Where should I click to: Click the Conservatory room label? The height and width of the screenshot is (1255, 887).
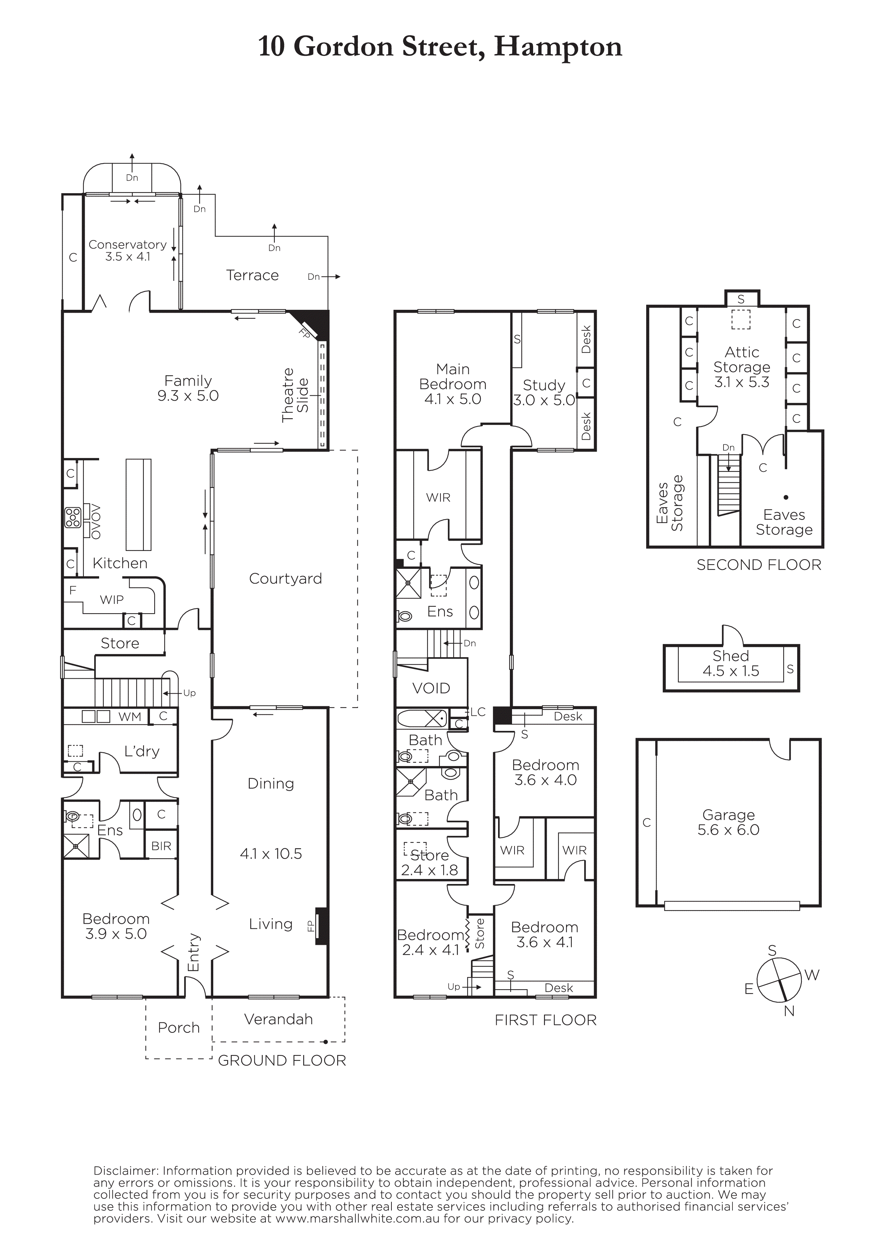127,244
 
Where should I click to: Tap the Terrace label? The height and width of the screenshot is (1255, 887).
253,275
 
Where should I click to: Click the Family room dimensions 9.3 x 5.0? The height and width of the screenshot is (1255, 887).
188,396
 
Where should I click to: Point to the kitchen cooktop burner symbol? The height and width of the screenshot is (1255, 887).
73,518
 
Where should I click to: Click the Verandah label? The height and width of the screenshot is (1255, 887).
278,1019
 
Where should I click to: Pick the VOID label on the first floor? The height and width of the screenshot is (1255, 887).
431,688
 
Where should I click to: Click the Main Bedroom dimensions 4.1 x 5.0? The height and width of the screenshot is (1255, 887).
453,399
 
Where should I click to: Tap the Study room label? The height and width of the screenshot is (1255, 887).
544,385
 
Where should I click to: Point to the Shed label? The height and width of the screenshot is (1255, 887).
731,656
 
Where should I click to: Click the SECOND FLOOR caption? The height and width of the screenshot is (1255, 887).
759,565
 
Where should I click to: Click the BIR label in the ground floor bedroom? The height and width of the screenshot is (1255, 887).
161,846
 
